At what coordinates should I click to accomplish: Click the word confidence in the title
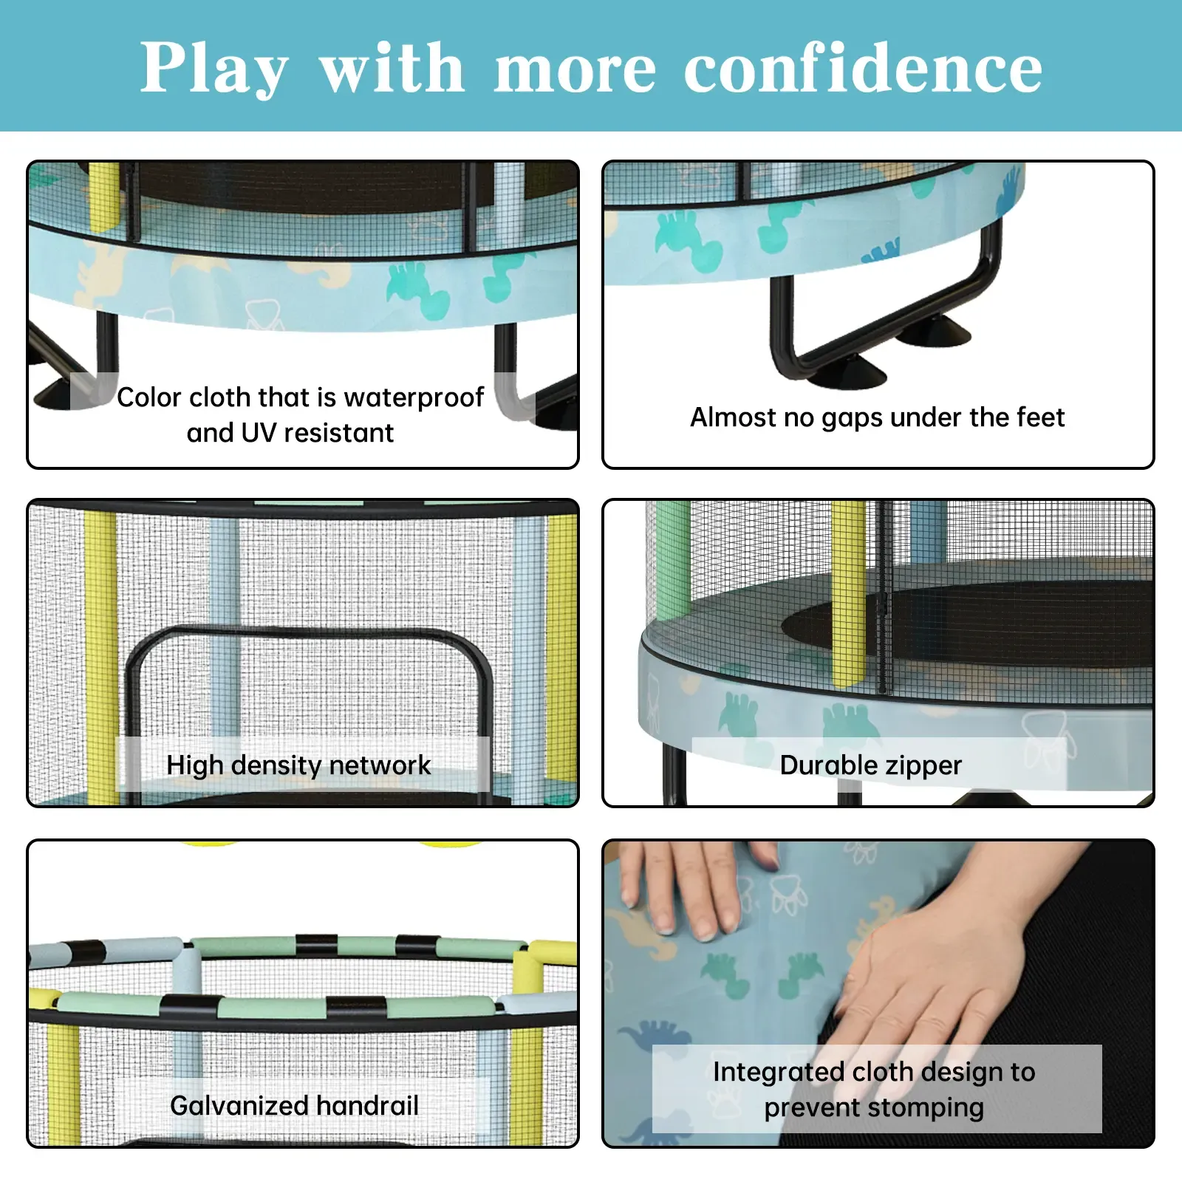[x=863, y=68]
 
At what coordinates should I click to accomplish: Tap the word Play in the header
[x=214, y=68]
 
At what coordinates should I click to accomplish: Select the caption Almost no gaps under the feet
[x=877, y=417]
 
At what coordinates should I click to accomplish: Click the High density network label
[x=298, y=765]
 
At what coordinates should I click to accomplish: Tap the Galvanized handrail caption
[x=294, y=1105]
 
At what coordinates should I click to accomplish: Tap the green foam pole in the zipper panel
[x=672, y=561]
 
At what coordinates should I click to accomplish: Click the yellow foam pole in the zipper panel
[x=848, y=591]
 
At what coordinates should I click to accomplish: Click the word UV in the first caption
[x=259, y=433]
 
